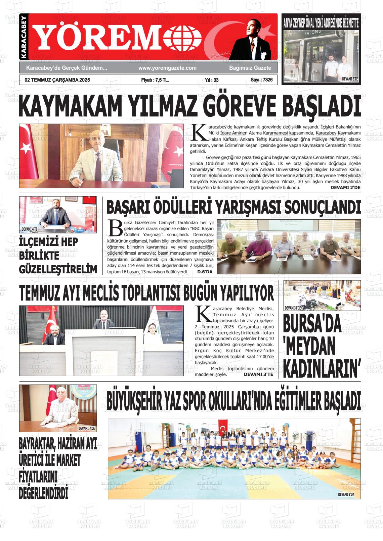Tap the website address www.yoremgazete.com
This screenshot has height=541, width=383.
click(167, 68)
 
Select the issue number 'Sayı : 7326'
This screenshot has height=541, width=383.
click(261, 80)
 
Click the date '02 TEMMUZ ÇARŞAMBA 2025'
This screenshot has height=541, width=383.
click(57, 80)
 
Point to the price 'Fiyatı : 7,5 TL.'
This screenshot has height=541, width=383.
click(155, 80)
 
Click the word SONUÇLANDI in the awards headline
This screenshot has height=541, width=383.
click(324, 207)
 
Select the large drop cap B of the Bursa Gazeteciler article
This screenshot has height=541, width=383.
click(115, 228)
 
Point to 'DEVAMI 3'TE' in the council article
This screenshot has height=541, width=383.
click(258, 374)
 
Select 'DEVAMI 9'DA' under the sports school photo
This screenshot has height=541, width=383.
click(348, 495)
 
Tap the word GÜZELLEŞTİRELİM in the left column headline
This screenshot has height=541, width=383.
click(58, 269)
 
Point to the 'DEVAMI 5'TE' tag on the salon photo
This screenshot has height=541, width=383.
click(350, 79)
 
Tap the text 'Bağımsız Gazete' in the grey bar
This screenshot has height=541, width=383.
click(250, 68)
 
